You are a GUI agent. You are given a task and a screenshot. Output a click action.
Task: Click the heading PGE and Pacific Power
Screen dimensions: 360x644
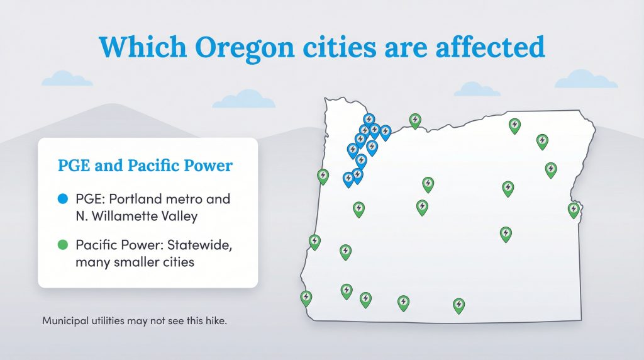point(145,166)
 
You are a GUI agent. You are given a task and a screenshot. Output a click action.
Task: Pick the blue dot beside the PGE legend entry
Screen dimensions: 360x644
point(62,200)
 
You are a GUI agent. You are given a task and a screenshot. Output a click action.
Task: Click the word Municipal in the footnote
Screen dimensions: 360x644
point(65,320)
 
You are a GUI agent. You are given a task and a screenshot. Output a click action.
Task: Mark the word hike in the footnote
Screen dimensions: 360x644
point(213,320)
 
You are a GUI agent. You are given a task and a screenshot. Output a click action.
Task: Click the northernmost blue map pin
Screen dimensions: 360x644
point(369,120)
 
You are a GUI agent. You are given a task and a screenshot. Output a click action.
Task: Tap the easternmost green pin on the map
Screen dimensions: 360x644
point(574,210)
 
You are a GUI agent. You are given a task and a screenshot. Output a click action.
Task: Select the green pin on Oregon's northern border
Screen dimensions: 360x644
point(415,120)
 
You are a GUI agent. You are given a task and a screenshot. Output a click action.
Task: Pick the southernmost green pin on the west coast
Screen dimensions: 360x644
point(306,297)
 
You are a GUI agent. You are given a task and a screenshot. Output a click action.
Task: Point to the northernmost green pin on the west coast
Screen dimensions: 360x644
point(323,175)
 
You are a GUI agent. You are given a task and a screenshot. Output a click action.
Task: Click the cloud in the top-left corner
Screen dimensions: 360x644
point(67,79)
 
